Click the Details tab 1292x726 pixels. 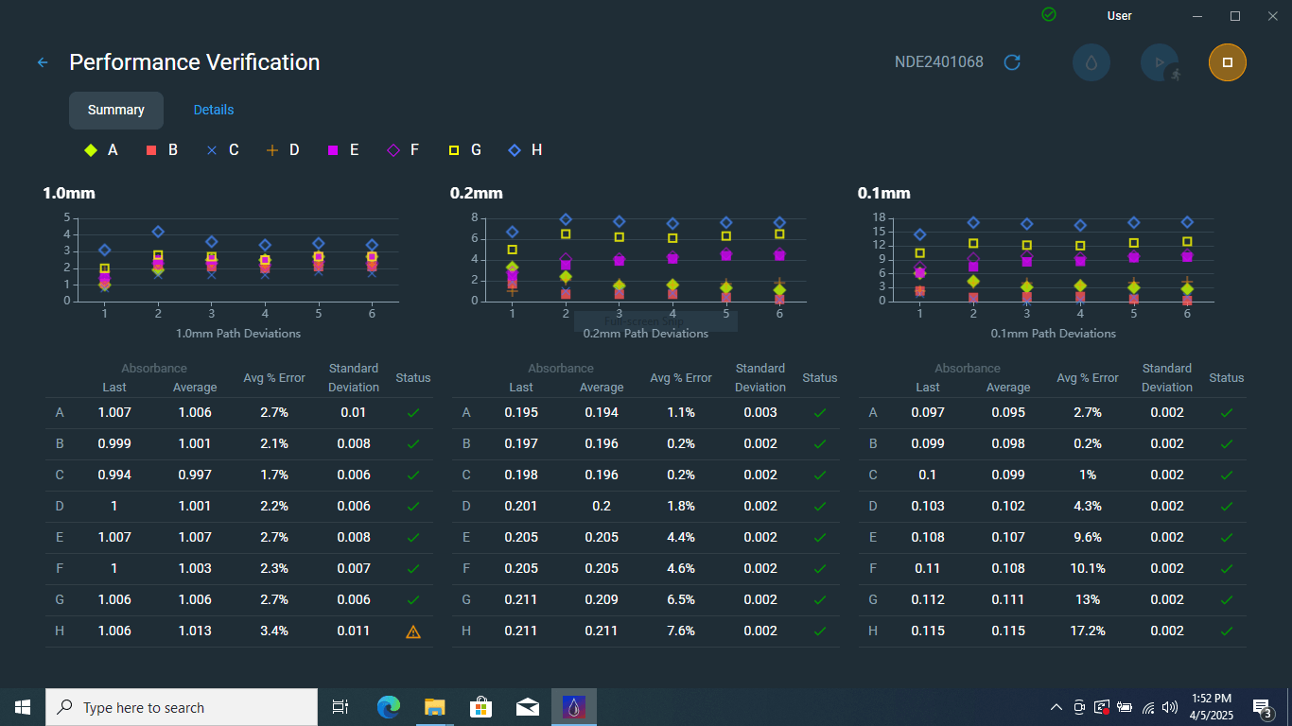tap(214, 110)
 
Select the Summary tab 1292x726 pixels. tap(116, 110)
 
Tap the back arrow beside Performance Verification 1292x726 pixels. tap(43, 62)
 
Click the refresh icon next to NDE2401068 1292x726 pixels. tap(1012, 62)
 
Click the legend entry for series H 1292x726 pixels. tap(526, 149)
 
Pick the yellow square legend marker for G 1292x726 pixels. tap(454, 150)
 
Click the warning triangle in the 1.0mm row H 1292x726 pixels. tap(412, 631)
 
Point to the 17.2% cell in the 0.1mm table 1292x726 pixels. tap(1087, 631)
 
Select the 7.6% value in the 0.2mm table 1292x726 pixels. tap(680, 631)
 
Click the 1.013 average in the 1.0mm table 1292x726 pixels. tap(195, 631)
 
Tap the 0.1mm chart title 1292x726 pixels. tap(883, 193)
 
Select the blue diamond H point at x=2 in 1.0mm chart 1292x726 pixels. tap(158, 232)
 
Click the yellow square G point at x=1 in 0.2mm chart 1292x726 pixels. tap(513, 250)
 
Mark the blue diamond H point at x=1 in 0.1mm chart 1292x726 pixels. tap(919, 234)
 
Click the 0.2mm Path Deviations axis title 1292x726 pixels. tap(646, 333)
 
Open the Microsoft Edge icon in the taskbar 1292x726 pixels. tap(388, 707)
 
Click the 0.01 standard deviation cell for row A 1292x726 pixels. tap(354, 412)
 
